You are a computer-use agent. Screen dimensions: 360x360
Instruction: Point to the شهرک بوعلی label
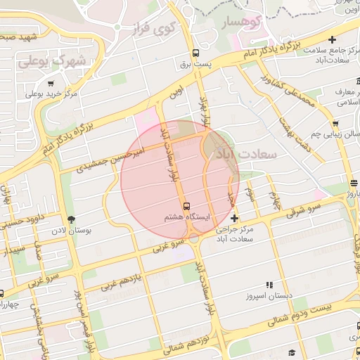[61, 62]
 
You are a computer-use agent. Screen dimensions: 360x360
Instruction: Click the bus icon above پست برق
[195, 53]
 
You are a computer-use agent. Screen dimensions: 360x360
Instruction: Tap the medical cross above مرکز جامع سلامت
[332, 41]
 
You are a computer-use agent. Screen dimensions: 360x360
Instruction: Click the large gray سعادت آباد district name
[248, 152]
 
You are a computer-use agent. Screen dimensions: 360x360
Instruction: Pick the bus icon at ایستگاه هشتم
[186, 206]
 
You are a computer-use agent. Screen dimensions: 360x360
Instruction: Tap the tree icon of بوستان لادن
[70, 219]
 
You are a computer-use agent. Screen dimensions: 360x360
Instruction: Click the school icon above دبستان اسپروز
[269, 285]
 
